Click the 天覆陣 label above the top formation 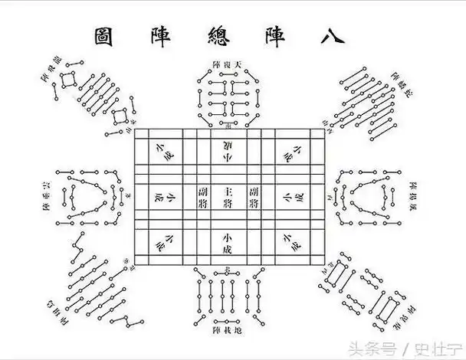228,63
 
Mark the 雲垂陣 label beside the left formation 47,196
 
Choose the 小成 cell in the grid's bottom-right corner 291,244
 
